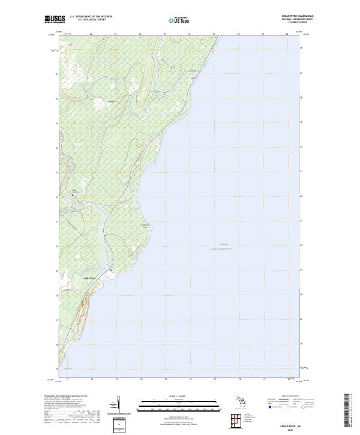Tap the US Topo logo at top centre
[x=181, y=20]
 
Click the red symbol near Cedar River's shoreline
[x=111, y=271]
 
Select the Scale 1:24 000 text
[x=181, y=395]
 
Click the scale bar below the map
[x=181, y=405]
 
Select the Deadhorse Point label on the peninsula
[x=144, y=226]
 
